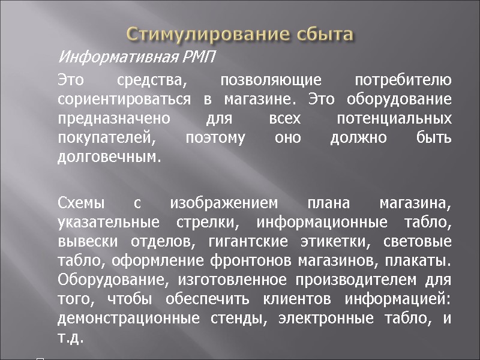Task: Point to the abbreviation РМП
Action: [199, 58]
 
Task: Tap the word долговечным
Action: [109, 158]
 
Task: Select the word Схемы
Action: [80, 204]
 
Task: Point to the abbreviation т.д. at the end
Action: [70, 338]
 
